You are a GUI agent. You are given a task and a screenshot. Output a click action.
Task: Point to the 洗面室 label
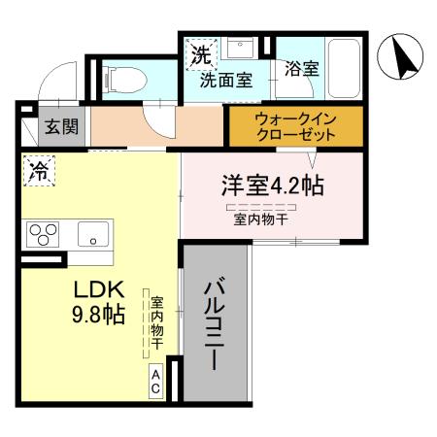click(x=226, y=81)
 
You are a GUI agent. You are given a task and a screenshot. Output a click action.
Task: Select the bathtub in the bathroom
click(x=346, y=67)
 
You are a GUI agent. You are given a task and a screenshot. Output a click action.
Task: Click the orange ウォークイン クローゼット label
click(x=294, y=127)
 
